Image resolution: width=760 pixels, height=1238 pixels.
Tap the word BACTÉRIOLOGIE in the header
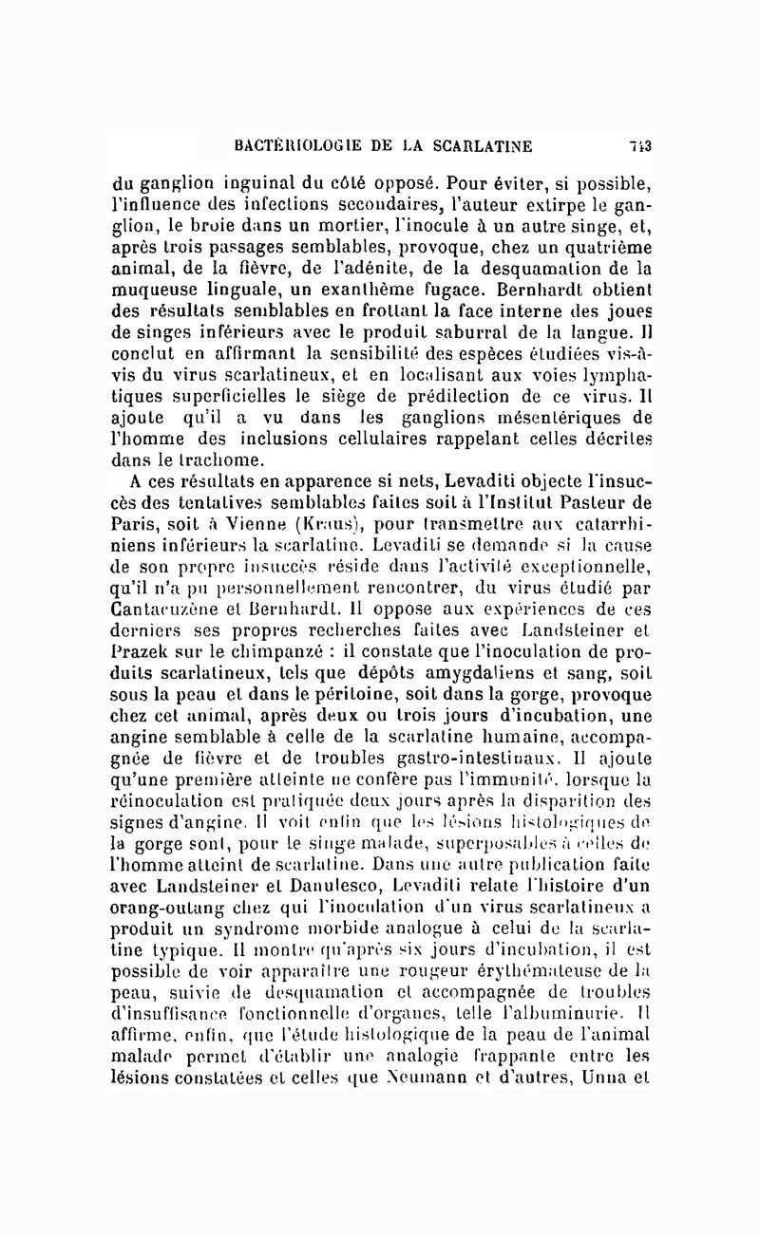[296, 145]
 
